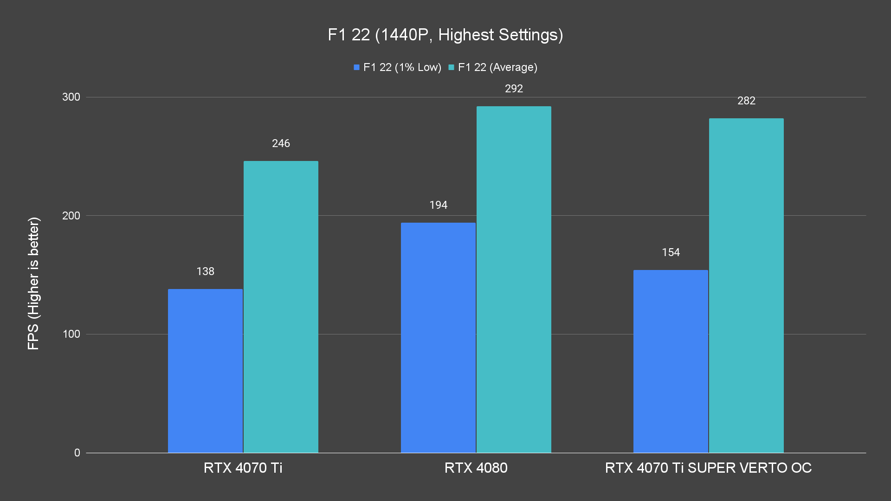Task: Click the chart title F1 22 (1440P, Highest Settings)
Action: [x=445, y=35]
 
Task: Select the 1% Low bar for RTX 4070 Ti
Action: [x=205, y=371]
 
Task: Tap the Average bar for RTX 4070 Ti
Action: [x=281, y=307]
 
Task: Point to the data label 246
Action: [x=281, y=143]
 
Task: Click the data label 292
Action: [x=514, y=89]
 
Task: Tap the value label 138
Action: [x=205, y=271]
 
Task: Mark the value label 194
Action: [x=438, y=205]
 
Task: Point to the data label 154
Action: [x=671, y=252]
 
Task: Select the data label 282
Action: [x=746, y=101]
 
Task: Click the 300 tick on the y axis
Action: [x=71, y=97]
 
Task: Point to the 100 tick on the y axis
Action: [x=71, y=334]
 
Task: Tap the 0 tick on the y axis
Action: [x=77, y=453]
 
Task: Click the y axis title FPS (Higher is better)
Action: [x=33, y=283]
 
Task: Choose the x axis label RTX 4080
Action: [x=476, y=468]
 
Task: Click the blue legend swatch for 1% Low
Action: [x=356, y=67]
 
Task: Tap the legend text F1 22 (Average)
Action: [x=497, y=67]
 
